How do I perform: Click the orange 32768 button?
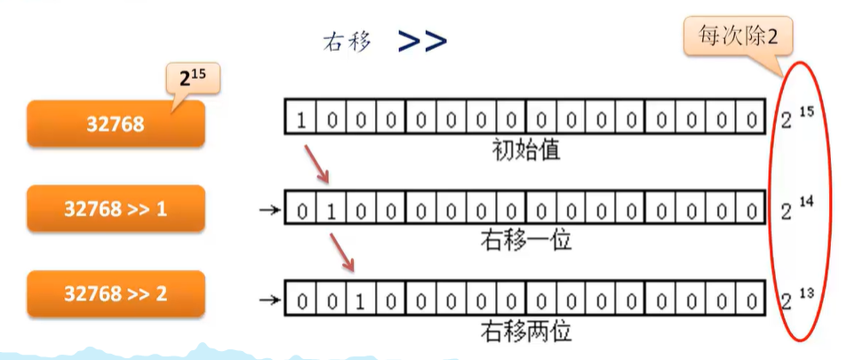tap(116, 124)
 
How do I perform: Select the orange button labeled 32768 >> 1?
tap(116, 209)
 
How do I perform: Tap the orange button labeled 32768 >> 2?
tap(116, 293)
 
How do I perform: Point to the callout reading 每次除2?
tap(737, 37)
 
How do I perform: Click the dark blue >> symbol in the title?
tap(422, 40)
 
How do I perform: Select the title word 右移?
tap(347, 41)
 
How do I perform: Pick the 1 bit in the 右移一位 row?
tap(331, 212)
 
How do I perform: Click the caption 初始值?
tap(525, 149)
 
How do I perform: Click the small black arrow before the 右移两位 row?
tap(268, 300)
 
